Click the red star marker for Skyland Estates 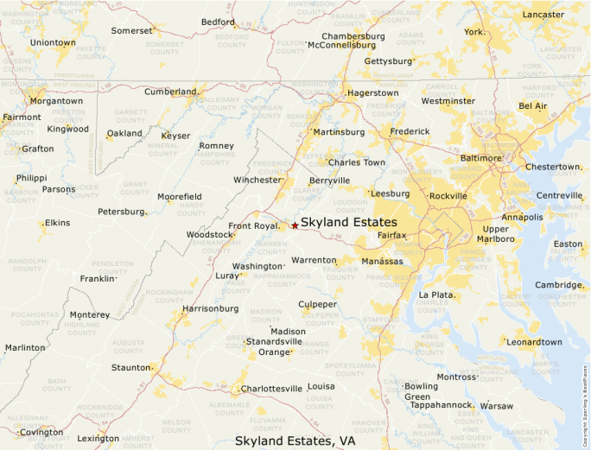(x=295, y=225)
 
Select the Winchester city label (x=257, y=180)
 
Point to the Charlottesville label (x=271, y=389)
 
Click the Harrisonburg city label (x=210, y=308)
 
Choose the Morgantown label (x=56, y=101)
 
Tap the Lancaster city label (x=543, y=15)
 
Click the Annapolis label (x=522, y=217)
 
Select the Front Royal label (x=253, y=226)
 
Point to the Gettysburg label (x=388, y=61)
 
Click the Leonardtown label (x=533, y=342)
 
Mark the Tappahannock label (x=441, y=404)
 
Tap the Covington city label (x=41, y=432)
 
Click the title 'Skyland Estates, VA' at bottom (x=295, y=440)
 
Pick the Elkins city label (x=57, y=223)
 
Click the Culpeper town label (x=317, y=304)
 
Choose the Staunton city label (x=130, y=368)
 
